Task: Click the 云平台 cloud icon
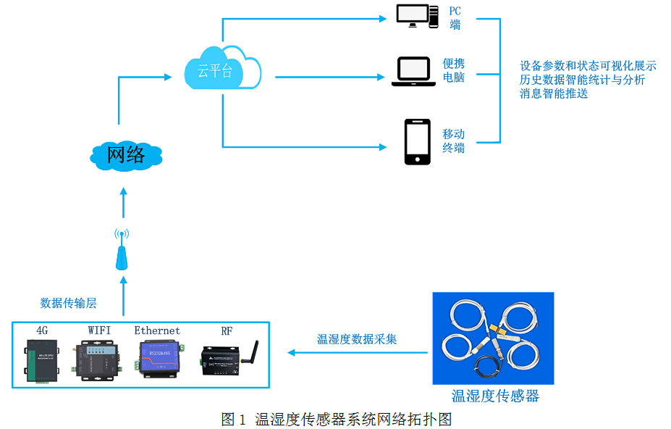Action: point(220,70)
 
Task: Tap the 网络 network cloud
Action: point(126,154)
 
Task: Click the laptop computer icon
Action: point(413,72)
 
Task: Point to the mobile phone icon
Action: point(417,142)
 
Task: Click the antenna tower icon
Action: point(123,251)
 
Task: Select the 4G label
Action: point(42,330)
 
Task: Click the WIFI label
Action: point(99,330)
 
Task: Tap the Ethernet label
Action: point(157,330)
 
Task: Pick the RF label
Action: point(227,330)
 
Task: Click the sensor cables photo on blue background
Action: point(493,338)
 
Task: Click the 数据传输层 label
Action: point(68,303)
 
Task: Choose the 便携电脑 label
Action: point(454,70)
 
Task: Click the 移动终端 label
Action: point(454,141)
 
